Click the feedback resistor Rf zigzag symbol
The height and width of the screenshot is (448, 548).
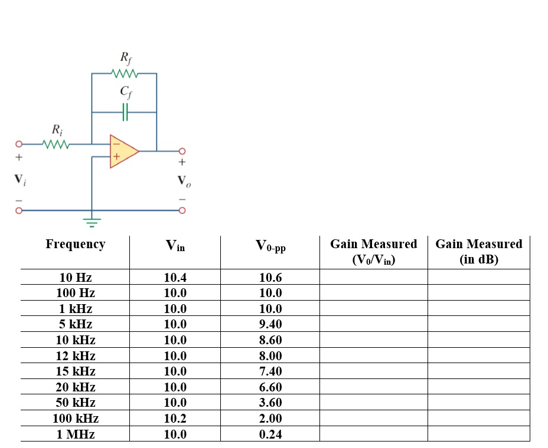coord(125,74)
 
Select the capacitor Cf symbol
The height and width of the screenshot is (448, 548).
coord(125,111)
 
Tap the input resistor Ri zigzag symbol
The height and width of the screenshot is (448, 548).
coord(57,143)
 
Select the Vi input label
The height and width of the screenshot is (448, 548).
coord(19,179)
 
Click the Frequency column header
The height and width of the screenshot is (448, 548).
coord(75,244)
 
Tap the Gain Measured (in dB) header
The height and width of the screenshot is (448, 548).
coord(478,251)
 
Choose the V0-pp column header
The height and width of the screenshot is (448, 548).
coord(270,246)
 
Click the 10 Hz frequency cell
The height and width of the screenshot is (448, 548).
coord(76,277)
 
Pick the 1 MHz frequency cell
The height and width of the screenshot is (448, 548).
coord(76,434)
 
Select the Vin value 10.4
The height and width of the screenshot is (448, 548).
coord(175,277)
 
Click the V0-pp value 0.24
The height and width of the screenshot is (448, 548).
coord(270,434)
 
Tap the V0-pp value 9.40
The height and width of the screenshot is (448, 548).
coord(270,324)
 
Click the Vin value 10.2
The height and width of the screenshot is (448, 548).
coord(175,419)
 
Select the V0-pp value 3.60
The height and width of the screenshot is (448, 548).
coord(270,403)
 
